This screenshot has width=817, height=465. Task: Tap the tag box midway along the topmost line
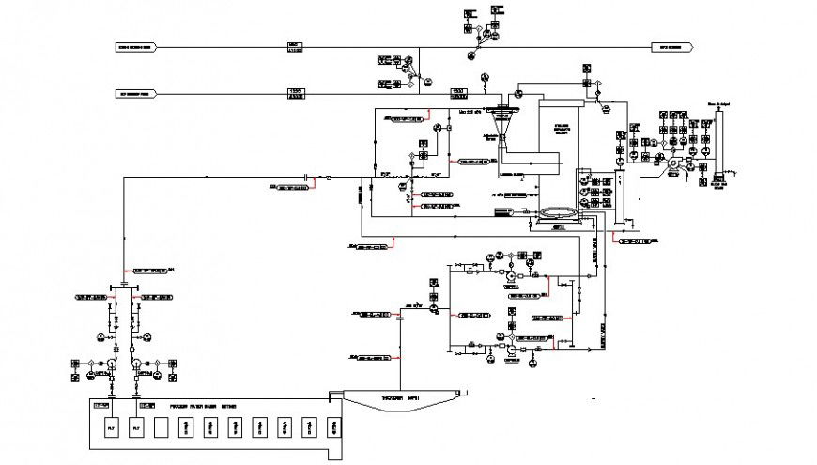coord(295,46)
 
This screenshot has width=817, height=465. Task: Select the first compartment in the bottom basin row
coord(111,427)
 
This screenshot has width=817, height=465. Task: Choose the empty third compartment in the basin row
coord(161,427)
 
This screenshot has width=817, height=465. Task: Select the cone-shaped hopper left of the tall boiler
coord(503,118)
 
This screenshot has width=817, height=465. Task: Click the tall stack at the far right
coord(720,141)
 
